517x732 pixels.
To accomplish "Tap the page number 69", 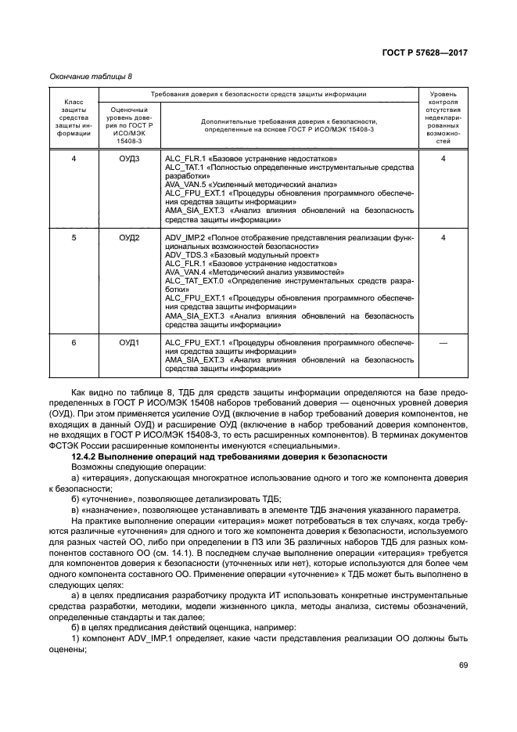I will pyautogui.click(x=463, y=665).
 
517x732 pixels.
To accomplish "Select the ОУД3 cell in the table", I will pyautogui.click(x=129, y=159).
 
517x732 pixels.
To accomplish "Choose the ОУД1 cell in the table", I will pyautogui.click(x=129, y=343).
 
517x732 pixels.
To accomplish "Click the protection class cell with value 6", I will pyautogui.click(x=74, y=343).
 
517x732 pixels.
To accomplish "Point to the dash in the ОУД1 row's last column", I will pyautogui.click(x=443, y=343).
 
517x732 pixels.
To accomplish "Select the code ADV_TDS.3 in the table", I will pyautogui.click(x=185, y=255).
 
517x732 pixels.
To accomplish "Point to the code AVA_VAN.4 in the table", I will pyautogui.click(x=185, y=272).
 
